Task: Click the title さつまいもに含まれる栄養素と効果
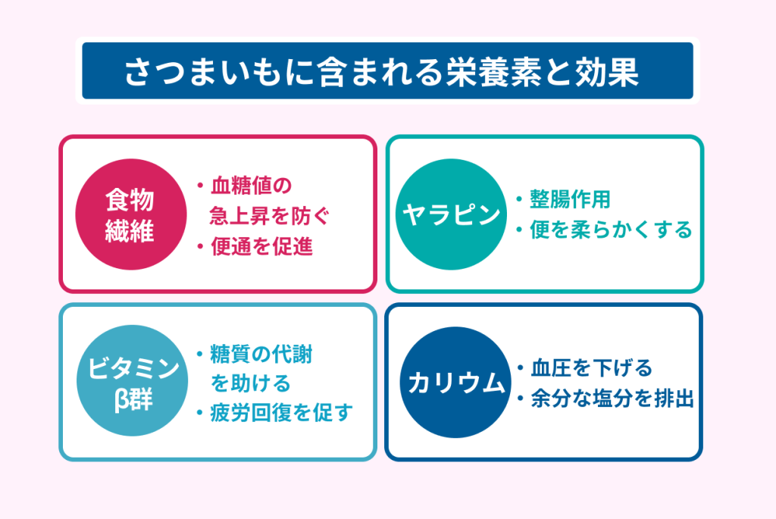pyautogui.click(x=382, y=72)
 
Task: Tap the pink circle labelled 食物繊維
pyautogui.click(x=131, y=214)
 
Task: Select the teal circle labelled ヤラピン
pyautogui.click(x=452, y=214)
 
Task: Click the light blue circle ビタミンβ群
pyautogui.click(x=132, y=380)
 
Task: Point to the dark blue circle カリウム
pyautogui.click(x=455, y=382)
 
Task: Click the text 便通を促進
pyautogui.click(x=261, y=246)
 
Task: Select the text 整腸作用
pyautogui.click(x=570, y=199)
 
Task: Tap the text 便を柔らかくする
pyautogui.click(x=611, y=230)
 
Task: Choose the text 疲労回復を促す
pyautogui.click(x=282, y=412)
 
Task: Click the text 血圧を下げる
pyautogui.click(x=592, y=368)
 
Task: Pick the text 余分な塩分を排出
pyautogui.click(x=612, y=399)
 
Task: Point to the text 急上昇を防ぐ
pyautogui.click(x=269, y=216)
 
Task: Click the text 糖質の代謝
pyautogui.click(x=261, y=355)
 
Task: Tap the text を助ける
pyautogui.click(x=250, y=383)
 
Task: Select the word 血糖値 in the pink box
pyautogui.click(x=241, y=186)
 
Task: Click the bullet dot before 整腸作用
pyautogui.click(x=519, y=199)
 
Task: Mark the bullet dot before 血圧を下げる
pyautogui.click(x=520, y=368)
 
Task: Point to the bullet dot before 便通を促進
pyautogui.click(x=200, y=246)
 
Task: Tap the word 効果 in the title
pyautogui.click(x=607, y=72)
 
